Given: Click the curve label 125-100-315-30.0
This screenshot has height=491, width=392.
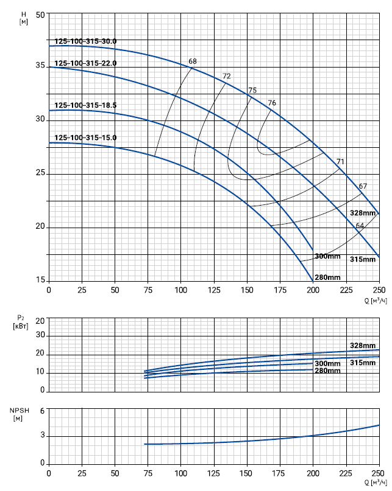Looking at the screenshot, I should [85, 41].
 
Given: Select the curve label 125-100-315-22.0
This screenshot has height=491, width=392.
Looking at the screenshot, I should [85, 63].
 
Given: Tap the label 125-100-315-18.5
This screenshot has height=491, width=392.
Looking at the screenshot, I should [85, 105].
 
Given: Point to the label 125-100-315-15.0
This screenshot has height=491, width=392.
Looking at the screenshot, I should [85, 138].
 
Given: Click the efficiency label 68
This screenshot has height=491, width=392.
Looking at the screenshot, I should [193, 61].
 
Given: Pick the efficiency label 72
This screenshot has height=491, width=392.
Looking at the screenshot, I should [227, 76].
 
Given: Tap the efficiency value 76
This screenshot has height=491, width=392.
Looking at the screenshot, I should [272, 103].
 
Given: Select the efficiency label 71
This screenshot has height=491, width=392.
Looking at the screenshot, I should [340, 161].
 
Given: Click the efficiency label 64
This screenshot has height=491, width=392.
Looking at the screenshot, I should [360, 226].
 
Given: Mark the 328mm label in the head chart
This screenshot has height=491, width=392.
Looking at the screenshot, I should [363, 213].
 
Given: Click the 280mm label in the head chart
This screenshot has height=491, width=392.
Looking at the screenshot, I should [327, 277].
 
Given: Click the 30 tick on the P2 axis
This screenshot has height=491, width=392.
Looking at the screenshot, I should [41, 335].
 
